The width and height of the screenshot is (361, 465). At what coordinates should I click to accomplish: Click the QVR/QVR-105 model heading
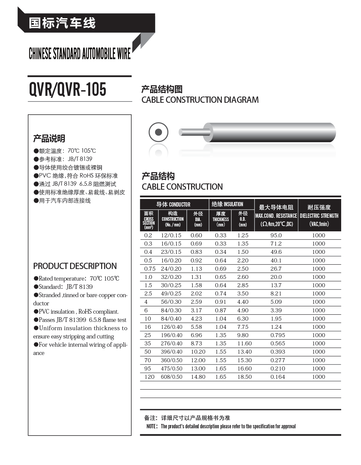pos(68,89)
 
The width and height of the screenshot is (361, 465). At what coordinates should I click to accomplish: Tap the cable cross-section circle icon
pos(159,132)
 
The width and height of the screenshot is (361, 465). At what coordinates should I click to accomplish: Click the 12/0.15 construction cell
pos(171,235)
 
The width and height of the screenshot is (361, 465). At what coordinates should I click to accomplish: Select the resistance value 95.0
pos(276,235)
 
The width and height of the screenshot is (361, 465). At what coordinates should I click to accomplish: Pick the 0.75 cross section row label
pos(150,269)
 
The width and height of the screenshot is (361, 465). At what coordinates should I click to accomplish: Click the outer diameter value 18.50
pos(245,377)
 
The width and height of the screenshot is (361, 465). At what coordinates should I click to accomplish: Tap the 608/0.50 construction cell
pos(172,377)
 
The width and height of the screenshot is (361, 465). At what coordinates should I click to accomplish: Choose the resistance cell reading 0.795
pos(278,335)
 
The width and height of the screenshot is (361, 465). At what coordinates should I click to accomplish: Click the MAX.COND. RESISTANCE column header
pos(276,215)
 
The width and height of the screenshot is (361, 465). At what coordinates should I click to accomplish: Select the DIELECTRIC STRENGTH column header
pos(319,215)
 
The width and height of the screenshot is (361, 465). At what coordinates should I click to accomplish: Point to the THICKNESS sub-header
pos(221,219)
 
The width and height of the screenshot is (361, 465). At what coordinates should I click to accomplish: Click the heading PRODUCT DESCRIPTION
pos(75,266)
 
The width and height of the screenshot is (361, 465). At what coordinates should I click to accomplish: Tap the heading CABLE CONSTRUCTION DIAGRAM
pos(200,100)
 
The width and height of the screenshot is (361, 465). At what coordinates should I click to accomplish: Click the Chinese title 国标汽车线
pos(62,23)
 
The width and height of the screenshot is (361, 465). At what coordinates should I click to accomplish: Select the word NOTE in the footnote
pos(152,426)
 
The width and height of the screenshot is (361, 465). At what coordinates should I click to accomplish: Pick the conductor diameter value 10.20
pos(198,352)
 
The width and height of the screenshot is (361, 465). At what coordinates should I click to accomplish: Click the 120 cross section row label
pos(149,377)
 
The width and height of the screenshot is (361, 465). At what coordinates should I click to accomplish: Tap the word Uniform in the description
pos(51,328)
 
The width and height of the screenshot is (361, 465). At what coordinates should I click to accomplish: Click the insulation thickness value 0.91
pos(221,302)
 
